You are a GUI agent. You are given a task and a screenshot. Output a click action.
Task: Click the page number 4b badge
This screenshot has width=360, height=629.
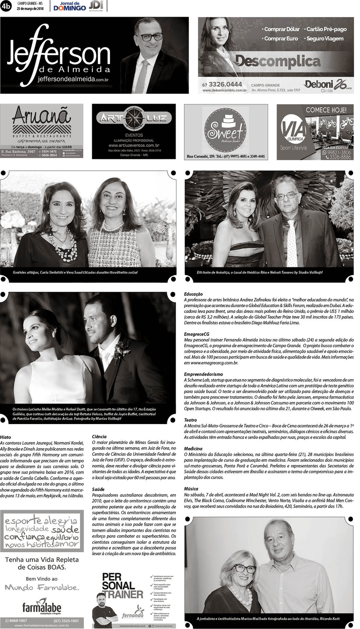click(6, 6)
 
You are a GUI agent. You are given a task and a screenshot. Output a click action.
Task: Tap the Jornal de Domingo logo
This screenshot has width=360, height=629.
click(69, 6)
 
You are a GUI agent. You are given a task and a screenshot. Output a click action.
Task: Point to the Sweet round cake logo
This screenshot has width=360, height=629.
click(225, 130)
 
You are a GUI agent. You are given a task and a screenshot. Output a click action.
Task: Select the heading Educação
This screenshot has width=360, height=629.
click(194, 294)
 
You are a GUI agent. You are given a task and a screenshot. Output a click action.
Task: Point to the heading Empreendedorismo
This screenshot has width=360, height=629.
click(203, 374)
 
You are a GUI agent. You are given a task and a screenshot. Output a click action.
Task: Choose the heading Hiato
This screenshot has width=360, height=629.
click(6, 436)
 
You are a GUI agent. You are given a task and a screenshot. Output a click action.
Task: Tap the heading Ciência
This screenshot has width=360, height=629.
click(99, 436)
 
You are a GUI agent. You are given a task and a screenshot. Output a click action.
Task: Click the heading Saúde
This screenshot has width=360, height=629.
click(98, 490)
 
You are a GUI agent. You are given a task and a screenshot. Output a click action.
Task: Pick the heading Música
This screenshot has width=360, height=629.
click(191, 489)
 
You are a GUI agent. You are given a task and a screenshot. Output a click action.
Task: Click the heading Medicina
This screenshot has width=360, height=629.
click(193, 449)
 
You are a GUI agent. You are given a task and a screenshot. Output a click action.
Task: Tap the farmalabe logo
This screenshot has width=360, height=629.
click(42, 607)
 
